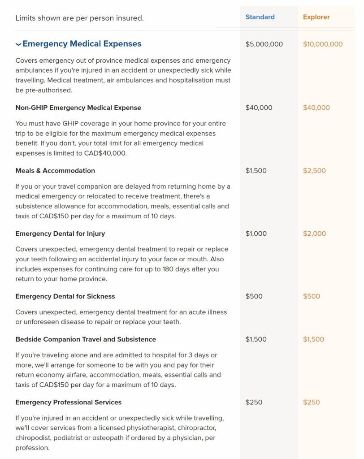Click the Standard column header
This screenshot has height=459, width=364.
pos(260,17)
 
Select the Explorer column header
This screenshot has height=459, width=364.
pos(316,17)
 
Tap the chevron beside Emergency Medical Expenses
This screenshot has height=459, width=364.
pos(18,44)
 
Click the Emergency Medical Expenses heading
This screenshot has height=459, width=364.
pos(82,44)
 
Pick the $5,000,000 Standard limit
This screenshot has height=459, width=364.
pos(264,44)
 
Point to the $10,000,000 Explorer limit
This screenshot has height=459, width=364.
pos(323,44)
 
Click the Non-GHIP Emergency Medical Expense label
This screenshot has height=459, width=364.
pos(78,108)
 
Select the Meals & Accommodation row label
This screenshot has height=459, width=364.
pos(55,170)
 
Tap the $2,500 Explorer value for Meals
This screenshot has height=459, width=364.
pos(314,170)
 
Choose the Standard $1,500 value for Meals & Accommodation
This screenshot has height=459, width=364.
pos(256,170)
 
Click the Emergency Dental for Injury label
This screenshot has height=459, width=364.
pos(60,234)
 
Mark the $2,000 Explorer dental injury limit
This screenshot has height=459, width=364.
pos(314,234)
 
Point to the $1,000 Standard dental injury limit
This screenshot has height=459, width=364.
pos(256,234)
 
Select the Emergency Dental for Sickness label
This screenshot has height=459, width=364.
pos(65,296)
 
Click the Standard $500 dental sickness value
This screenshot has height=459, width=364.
pos(254,296)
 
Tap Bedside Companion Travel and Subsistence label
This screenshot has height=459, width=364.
pos(86,339)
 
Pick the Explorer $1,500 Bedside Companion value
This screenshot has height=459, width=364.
pos(313,339)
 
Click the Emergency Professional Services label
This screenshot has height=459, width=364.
pos(68,402)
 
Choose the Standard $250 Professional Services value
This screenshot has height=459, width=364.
pos(254,402)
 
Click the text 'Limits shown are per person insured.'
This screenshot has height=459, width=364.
pos(79,18)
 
